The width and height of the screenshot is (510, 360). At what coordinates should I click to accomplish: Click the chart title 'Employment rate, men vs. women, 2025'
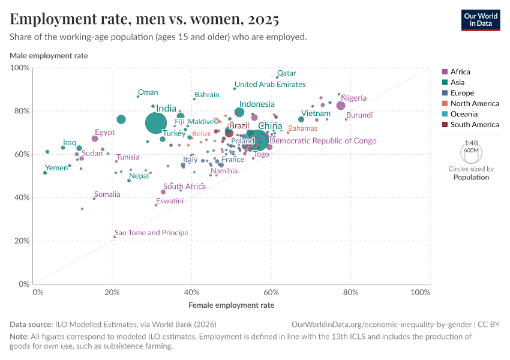tap(144, 19)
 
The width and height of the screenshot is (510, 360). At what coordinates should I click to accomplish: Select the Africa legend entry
tap(460, 71)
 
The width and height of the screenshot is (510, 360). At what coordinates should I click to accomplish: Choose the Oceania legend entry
tap(463, 114)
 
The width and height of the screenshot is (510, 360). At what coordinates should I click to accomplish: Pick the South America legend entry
tap(473, 125)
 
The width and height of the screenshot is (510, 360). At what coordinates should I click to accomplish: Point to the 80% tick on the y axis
tap(20, 111)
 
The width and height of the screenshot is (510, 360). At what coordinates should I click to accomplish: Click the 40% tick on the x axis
tap(191, 292)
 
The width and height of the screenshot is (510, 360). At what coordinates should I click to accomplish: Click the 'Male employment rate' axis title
tap(49, 56)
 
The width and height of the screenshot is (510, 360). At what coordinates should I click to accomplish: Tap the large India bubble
tap(156, 123)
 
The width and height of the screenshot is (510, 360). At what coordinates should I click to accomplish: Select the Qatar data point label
tap(286, 73)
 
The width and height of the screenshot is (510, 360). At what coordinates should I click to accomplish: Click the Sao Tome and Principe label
tap(151, 233)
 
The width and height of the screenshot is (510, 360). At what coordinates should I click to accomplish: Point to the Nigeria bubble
tap(341, 106)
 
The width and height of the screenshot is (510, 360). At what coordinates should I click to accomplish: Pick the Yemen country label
tap(57, 168)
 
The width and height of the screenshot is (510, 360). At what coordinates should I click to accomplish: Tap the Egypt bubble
tap(95, 139)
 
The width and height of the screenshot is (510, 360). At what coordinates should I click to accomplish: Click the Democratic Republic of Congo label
tap(323, 141)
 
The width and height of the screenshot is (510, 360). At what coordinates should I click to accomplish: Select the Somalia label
tap(107, 194)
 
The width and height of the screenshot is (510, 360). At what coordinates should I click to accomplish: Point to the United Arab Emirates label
tap(270, 85)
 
